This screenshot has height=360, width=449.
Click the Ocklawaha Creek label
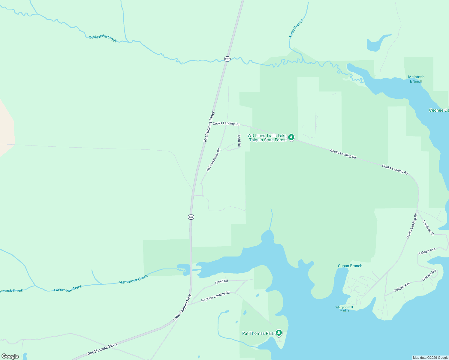coord(102,38)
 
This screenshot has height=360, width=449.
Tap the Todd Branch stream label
coord(296,28)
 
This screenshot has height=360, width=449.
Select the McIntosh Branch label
coord(416,79)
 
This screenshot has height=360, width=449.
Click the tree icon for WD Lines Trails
coord(291,137)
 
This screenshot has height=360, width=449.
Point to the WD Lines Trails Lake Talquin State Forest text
coord(267,138)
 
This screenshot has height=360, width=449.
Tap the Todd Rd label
coord(239,140)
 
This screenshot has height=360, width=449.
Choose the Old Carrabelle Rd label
coord(213,160)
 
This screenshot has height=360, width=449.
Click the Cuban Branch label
coord(350,266)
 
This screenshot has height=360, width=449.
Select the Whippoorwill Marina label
coord(344,309)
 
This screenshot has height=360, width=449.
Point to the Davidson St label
coord(428,227)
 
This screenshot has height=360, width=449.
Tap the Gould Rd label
coord(221,282)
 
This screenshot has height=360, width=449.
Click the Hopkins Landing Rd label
coord(215,296)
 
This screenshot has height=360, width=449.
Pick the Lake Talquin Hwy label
coord(182,307)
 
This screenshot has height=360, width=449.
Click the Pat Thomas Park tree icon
coord(279,333)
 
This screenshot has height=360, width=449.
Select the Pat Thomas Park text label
coord(258,333)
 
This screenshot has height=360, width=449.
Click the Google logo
coord(10,356)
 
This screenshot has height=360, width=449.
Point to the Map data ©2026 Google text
coord(430,358)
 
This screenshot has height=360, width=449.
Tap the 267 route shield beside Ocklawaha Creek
coord(227,59)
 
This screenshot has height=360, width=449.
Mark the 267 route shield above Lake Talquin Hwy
coord(191,217)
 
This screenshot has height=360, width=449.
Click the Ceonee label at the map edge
coord(439,110)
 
